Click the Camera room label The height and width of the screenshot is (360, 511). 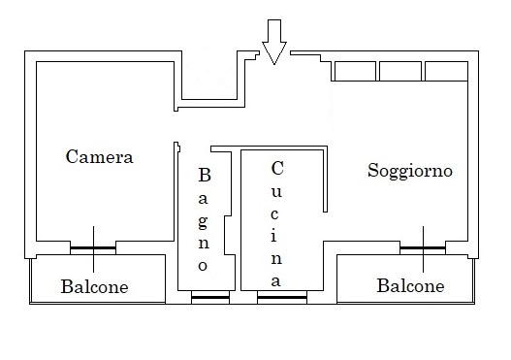(100, 157)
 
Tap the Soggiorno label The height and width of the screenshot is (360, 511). (410, 171)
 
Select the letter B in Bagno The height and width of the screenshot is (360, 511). (205, 175)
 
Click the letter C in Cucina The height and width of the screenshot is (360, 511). (277, 168)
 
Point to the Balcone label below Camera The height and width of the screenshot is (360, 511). (94, 286)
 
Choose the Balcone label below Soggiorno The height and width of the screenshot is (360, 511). (410, 285)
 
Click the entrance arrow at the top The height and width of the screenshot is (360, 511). (274, 42)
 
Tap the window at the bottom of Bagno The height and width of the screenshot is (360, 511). (210, 297)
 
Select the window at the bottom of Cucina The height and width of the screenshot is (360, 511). (282, 297)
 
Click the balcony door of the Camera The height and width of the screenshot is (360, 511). (93, 248)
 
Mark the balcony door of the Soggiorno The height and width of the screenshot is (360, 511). (423, 248)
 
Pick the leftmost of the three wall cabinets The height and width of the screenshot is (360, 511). (355, 71)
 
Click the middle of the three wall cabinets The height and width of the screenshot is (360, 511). (400, 71)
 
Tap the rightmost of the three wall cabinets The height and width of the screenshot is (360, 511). (446, 71)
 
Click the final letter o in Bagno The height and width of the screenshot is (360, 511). (203, 266)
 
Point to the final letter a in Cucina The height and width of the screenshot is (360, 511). (275, 281)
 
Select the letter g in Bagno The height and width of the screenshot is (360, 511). (203, 223)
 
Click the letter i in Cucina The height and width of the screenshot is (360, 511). (273, 235)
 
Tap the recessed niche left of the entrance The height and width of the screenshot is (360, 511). (209, 75)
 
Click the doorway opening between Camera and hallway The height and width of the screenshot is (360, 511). (176, 126)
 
